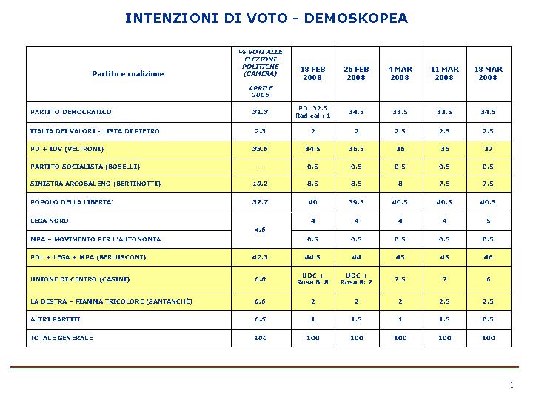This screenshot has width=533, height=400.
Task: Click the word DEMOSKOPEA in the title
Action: click(x=356, y=19)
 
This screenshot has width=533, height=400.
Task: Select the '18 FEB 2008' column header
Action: click(x=312, y=73)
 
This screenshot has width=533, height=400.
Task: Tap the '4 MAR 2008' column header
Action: click(x=400, y=73)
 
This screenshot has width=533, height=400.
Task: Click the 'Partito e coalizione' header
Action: click(x=128, y=74)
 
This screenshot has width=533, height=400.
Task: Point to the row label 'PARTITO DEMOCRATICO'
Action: click(x=71, y=112)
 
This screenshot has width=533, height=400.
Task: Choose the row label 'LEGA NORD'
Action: click(x=50, y=221)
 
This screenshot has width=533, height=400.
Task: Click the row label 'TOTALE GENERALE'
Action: click(x=61, y=338)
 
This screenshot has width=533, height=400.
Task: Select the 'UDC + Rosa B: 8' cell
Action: click(x=312, y=279)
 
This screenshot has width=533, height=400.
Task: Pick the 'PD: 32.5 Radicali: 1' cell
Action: click(x=312, y=112)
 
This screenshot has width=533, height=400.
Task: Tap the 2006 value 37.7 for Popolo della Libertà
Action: click(x=260, y=202)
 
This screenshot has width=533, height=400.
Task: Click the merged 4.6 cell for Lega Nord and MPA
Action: click(x=260, y=230)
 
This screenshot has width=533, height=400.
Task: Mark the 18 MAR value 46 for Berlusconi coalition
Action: click(x=488, y=257)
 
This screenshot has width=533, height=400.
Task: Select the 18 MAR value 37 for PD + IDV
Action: click(x=488, y=149)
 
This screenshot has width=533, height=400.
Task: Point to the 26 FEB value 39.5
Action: click(x=356, y=202)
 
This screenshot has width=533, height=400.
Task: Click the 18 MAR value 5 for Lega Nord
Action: click(x=488, y=221)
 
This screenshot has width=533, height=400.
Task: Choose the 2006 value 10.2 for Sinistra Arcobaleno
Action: click(x=260, y=184)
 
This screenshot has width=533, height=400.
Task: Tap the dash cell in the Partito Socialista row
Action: click(x=261, y=167)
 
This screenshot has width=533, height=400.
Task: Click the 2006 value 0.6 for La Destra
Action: click(x=260, y=301)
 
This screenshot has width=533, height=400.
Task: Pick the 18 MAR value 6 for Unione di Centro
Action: click(x=488, y=279)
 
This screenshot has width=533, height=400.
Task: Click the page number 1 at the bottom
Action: click(x=512, y=385)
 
